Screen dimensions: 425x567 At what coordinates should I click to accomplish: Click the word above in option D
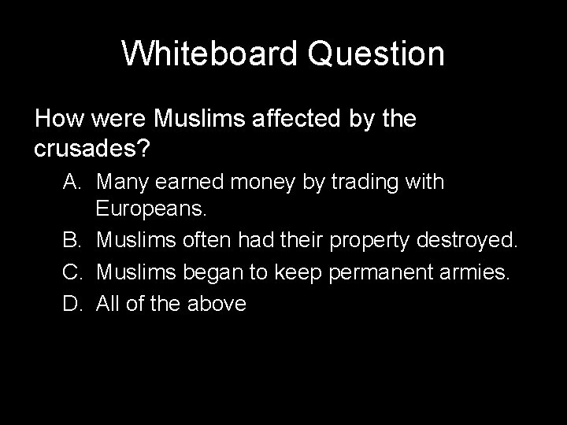pyautogui.click(x=216, y=304)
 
